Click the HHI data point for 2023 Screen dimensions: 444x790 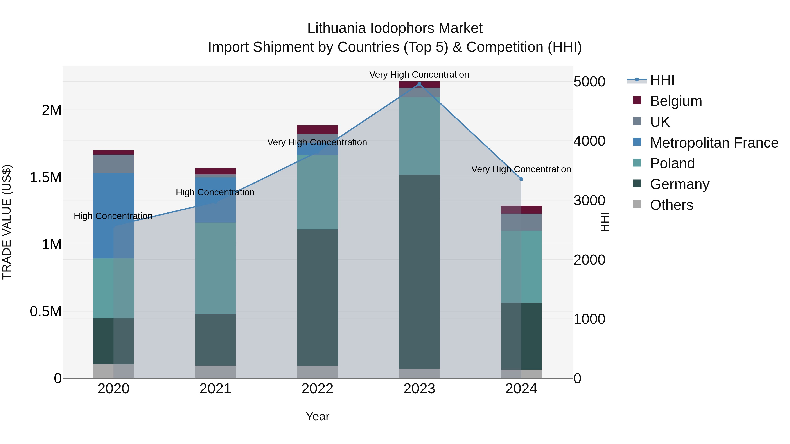click(419, 84)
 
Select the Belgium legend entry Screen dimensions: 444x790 click(676, 101)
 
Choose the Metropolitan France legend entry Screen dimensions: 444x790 click(714, 143)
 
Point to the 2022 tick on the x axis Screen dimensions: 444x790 click(317, 389)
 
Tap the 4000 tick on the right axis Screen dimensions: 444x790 click(589, 141)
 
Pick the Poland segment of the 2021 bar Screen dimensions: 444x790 click(215, 268)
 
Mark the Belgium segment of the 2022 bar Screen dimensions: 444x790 click(317, 130)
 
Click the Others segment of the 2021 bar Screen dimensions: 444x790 click(215, 372)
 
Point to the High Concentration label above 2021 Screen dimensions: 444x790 click(215, 193)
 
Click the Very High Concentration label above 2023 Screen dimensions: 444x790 click(419, 75)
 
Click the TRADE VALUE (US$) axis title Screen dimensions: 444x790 click(7, 222)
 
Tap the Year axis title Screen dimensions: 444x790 click(317, 416)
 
